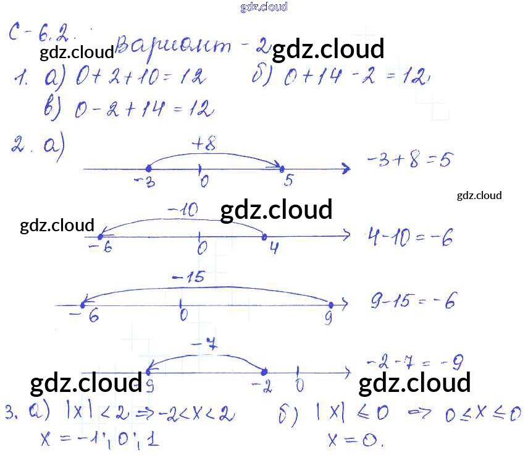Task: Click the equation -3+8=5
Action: click(409, 161)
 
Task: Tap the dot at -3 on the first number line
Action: click(148, 168)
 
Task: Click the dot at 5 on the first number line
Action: click(282, 168)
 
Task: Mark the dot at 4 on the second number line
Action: click(265, 236)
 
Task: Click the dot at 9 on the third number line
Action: click(331, 305)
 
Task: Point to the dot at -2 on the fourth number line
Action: click(264, 372)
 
